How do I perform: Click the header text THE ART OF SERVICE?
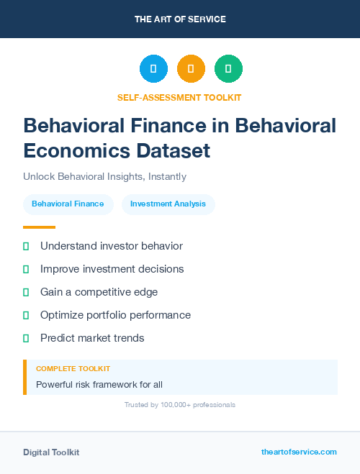180,19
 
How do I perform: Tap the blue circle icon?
153,69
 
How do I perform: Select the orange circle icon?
191,69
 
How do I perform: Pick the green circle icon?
228,69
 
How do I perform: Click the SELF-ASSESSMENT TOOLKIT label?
180,97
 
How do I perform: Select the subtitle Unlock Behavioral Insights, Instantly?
105,176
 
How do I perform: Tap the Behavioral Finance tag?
68,204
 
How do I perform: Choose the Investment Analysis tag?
168,204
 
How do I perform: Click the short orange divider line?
39,227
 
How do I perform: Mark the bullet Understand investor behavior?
112,246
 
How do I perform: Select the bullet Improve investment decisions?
112,269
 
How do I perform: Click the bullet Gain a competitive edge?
99,292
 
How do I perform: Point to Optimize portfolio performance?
115,315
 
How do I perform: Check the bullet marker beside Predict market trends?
26,338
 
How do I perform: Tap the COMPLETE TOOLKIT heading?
69,368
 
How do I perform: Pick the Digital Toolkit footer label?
51,452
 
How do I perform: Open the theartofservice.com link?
299,452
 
